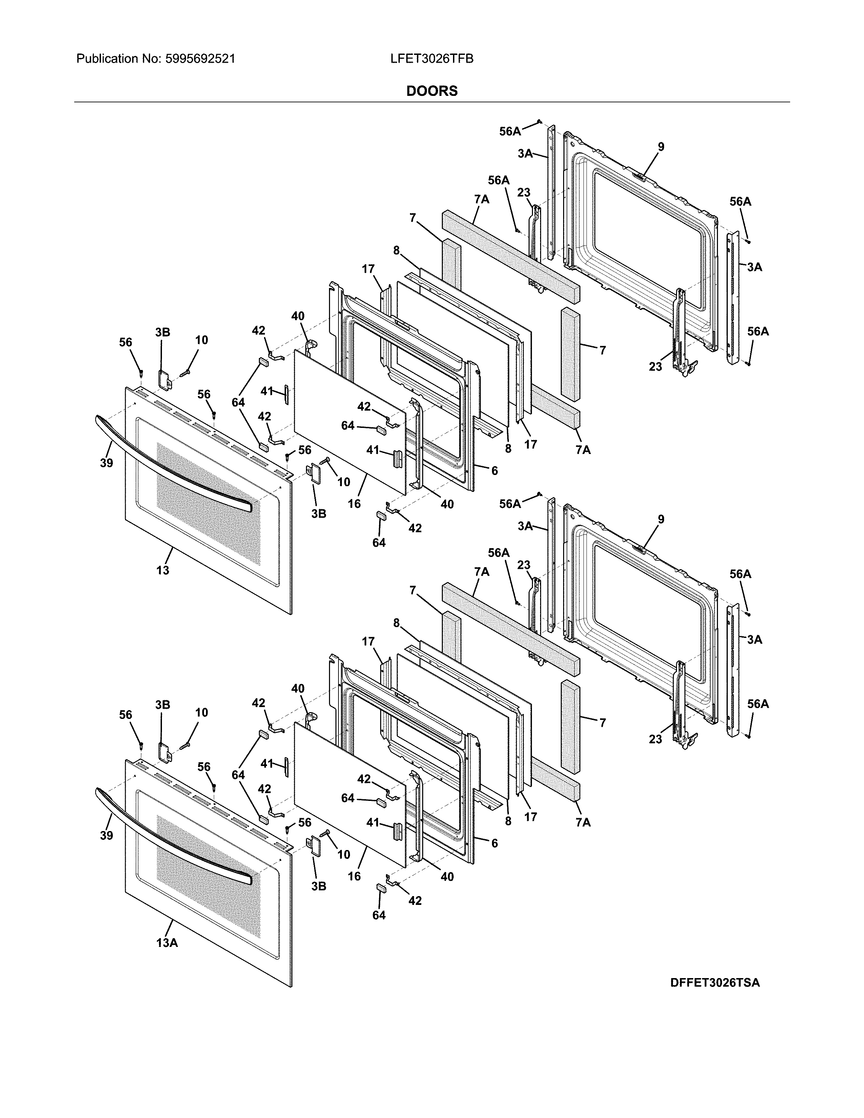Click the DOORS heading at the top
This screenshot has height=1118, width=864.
pos(431,91)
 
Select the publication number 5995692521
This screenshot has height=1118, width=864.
pos(200,59)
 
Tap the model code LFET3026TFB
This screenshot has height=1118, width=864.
pos(431,59)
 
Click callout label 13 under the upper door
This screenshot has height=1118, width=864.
pos(163,570)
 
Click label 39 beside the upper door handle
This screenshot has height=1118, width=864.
pos(106,463)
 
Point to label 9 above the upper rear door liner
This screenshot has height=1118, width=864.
pos(661,147)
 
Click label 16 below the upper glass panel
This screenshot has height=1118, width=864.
pos(354,504)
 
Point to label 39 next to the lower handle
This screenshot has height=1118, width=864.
pos(106,835)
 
